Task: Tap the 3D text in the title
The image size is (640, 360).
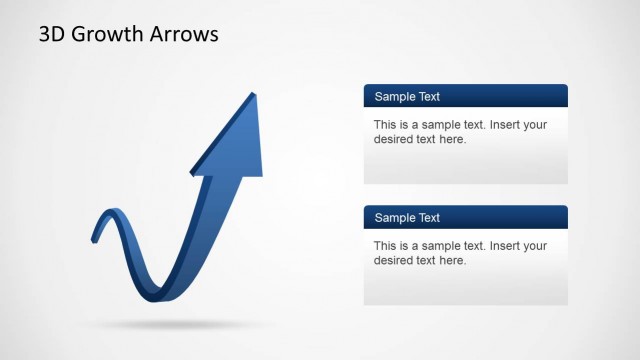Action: [x=51, y=35]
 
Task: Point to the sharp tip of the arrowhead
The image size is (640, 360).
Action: [x=253, y=92]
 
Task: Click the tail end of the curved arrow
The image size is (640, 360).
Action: [x=94, y=238]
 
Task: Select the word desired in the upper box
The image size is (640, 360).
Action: [x=394, y=139]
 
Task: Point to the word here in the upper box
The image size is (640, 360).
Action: [x=453, y=139]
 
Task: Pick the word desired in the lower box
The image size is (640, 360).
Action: [x=394, y=260]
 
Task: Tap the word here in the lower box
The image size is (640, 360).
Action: [x=453, y=260]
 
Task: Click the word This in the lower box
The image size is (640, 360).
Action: [x=386, y=246]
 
